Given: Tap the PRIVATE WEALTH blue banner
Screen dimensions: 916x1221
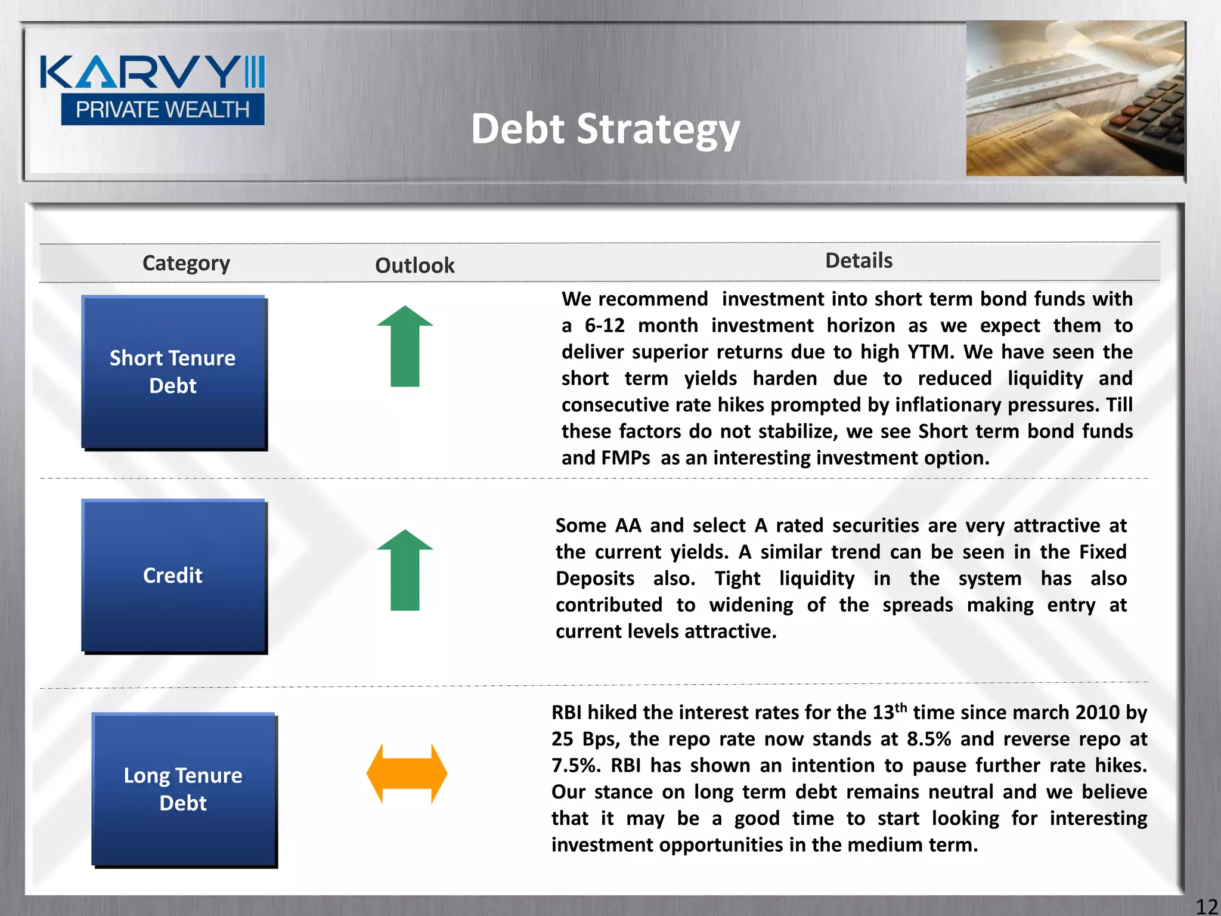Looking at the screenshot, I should click(162, 110).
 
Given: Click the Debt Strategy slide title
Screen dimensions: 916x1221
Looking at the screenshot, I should click(605, 129).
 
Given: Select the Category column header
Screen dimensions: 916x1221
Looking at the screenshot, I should click(186, 263).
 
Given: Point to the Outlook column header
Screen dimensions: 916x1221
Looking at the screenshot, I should click(414, 265).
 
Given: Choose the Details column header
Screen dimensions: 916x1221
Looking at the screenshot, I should click(859, 261).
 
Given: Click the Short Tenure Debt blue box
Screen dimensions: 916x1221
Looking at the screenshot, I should click(173, 372).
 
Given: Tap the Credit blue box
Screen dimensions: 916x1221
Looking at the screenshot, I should click(173, 575).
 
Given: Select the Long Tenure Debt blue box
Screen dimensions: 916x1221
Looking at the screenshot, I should click(184, 789).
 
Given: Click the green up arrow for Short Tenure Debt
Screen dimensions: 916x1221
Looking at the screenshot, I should click(405, 346).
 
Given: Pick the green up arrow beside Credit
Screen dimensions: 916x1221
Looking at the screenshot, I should click(405, 570).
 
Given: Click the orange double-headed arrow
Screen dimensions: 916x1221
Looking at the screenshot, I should click(407, 773).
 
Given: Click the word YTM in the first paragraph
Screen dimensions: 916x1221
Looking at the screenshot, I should click(931, 352).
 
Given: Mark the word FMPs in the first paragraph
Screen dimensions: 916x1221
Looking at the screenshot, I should click(625, 458).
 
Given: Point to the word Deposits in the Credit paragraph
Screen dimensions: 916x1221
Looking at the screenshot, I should click(595, 578).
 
